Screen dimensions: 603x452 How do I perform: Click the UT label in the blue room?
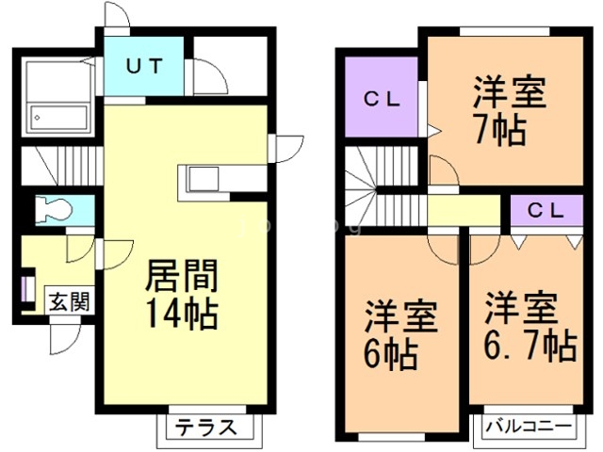(144, 66)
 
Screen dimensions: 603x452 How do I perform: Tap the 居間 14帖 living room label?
(182, 295)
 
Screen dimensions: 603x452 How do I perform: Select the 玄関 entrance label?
(69, 301)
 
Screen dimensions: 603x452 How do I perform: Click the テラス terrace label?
(205, 427)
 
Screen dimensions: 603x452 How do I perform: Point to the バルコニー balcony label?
(529, 427)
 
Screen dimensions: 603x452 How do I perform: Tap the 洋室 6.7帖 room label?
(530, 327)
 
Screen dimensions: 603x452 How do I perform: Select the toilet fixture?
(54, 210)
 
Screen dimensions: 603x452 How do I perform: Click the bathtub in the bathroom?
(59, 118)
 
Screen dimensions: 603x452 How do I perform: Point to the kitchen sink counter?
(203, 180)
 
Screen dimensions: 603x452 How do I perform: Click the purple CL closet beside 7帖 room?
(382, 96)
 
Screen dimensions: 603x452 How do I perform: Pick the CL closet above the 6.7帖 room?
(546, 210)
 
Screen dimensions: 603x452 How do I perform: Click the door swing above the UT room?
(117, 15)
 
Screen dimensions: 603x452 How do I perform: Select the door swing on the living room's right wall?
(286, 149)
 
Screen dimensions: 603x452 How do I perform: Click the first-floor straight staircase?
(61, 166)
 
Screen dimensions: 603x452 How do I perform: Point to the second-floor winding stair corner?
(360, 188)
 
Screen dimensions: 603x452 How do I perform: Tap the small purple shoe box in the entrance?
(24, 289)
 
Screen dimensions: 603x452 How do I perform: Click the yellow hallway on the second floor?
(464, 209)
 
